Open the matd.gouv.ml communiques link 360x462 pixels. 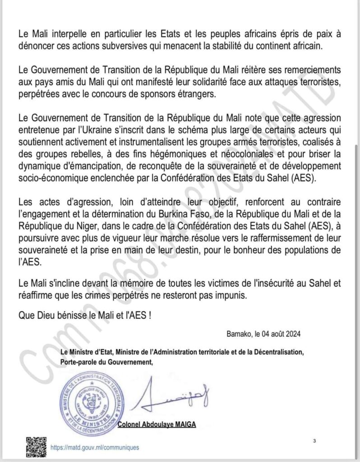click(95, 447)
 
